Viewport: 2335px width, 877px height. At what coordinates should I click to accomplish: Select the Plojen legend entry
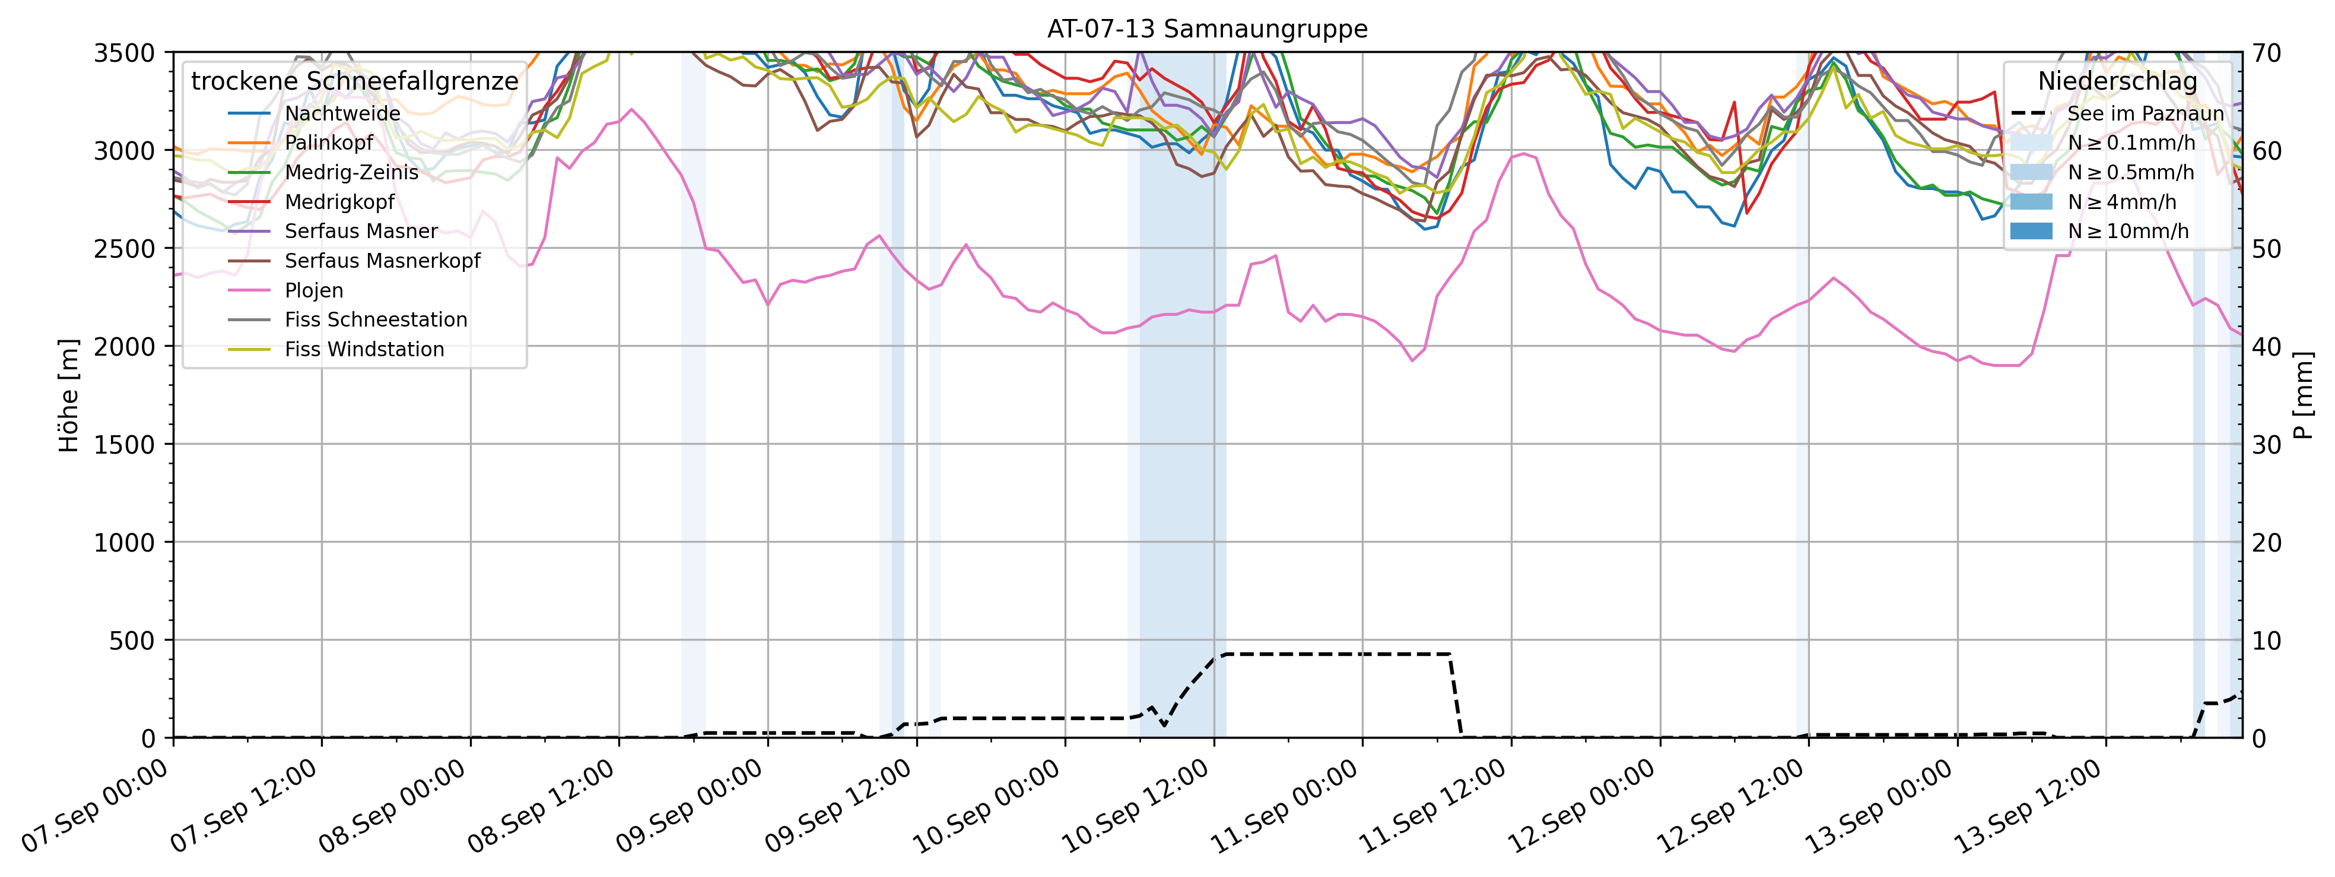pyautogui.click(x=314, y=290)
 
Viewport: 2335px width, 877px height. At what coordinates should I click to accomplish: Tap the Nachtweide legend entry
pyautogui.click(x=342, y=113)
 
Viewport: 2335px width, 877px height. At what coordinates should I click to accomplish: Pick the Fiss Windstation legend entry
pyautogui.click(x=364, y=349)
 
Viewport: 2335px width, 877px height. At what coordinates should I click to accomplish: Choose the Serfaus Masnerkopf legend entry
pyautogui.click(x=382, y=261)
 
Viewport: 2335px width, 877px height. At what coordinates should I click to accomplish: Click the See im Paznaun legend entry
pyautogui.click(x=2145, y=113)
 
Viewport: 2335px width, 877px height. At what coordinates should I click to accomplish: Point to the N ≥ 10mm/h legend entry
pyautogui.click(x=2127, y=231)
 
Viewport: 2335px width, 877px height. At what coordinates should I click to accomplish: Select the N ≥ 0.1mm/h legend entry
pyautogui.click(x=2131, y=143)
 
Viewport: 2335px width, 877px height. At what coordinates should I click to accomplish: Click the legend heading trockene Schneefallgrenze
pyautogui.click(x=354, y=81)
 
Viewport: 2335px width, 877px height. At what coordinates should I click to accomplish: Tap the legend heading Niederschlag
pyautogui.click(x=2117, y=81)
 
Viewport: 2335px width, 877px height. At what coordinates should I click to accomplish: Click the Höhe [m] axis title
pyautogui.click(x=69, y=395)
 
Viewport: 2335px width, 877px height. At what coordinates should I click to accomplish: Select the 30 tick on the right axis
pyautogui.click(x=2266, y=444)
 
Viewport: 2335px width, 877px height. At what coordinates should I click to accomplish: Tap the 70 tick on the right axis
pyautogui.click(x=2266, y=53)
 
